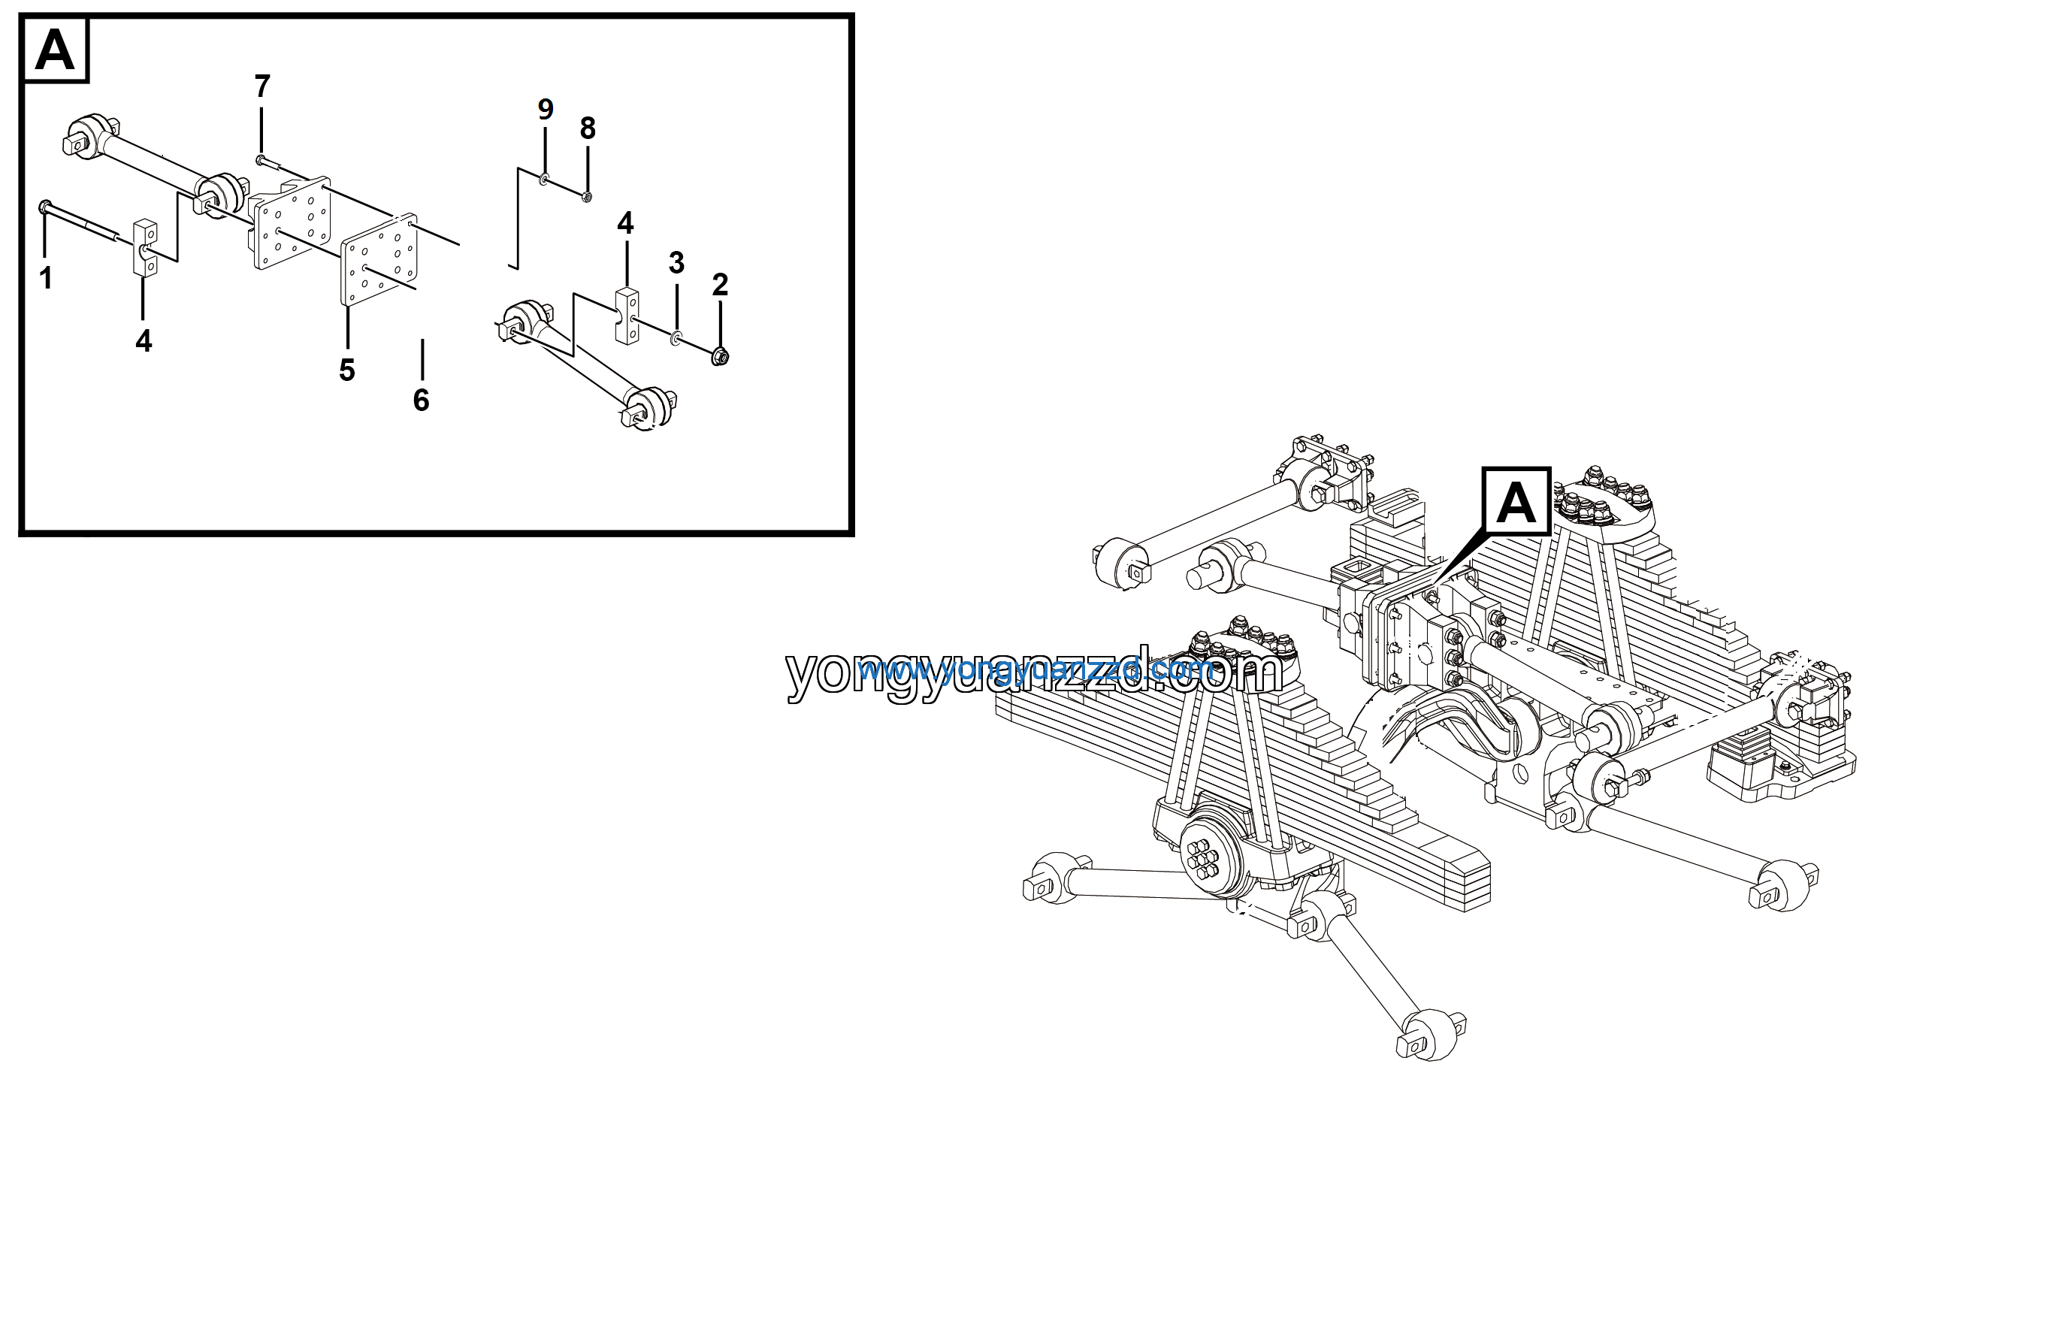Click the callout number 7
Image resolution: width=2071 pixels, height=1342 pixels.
pos(262,86)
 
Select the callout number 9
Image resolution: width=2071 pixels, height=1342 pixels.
pos(546,110)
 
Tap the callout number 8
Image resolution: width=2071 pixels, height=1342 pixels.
pos(588,128)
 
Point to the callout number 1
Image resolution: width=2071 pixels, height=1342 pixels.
pos(46,279)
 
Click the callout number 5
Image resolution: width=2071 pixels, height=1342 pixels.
pos(347,370)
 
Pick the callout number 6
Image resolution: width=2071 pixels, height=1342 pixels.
pos(421,400)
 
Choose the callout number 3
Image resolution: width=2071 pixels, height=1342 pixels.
pos(677,263)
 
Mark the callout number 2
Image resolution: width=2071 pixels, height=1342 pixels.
pos(720,285)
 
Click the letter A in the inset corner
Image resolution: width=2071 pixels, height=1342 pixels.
pos(55,50)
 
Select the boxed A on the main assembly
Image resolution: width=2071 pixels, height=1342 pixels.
pos(1516,502)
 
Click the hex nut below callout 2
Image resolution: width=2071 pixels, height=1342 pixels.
pos(720,356)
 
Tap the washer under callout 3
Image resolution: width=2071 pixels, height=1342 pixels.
pos(676,337)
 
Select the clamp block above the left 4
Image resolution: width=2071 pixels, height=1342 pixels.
pos(145,248)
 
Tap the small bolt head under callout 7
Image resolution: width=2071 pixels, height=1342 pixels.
pos(260,159)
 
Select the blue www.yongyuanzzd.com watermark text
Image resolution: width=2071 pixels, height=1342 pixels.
pos(1035,669)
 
